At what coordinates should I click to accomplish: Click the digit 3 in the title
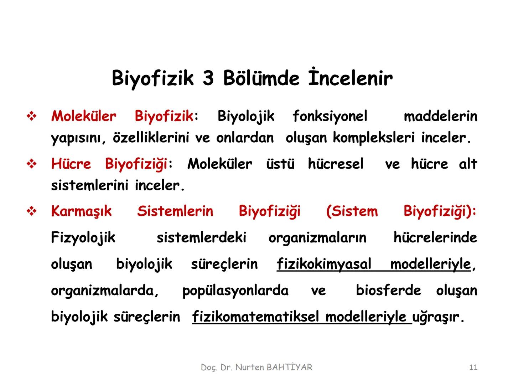tap(208, 78)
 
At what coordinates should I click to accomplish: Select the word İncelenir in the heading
tap(351, 78)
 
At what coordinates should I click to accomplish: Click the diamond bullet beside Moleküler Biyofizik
tap(32, 117)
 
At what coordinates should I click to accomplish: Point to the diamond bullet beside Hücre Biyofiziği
tap(32, 164)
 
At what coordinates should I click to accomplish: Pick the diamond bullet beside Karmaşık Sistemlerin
tap(32, 211)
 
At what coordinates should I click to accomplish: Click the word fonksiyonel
tap(330, 116)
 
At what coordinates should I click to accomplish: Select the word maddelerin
tap(440, 116)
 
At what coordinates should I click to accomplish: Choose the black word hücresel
tap(336, 164)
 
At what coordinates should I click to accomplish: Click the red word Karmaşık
tap(81, 211)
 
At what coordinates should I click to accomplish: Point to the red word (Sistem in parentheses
tap(352, 211)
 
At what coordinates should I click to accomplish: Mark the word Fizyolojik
tap(83, 237)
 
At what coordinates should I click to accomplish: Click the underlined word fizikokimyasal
tap(324, 264)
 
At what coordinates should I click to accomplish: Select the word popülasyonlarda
tap(235, 291)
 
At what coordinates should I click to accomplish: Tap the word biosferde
tap(388, 291)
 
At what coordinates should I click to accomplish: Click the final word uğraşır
tap(438, 317)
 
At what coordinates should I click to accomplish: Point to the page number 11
tap(473, 367)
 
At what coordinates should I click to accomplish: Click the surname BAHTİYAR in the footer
tap(289, 367)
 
